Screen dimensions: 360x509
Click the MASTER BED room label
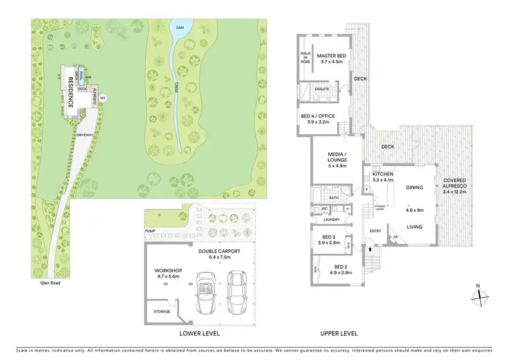(x=333, y=56)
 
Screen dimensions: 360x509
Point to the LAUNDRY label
(x=331, y=219)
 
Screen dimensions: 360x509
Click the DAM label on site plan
(x=180, y=27)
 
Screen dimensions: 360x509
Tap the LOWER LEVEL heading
(x=199, y=334)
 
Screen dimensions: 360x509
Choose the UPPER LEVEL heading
(x=339, y=334)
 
